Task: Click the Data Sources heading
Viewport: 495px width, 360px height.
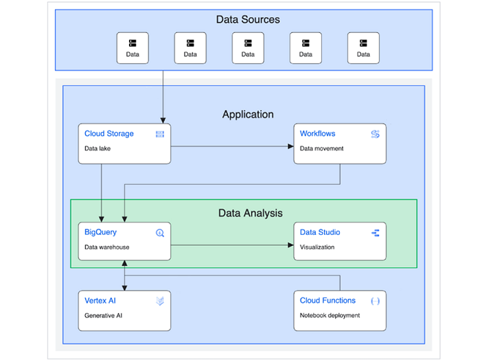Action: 248,20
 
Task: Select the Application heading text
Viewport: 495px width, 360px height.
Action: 248,115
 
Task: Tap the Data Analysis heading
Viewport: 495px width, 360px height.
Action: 250,213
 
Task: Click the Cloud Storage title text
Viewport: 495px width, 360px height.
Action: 108,133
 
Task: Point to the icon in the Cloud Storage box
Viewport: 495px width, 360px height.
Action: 160,134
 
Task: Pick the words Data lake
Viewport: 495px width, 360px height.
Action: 97,148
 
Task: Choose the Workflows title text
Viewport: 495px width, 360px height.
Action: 317,133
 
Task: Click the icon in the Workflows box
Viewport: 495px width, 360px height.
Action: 376,134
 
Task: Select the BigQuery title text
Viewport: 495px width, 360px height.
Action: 100,232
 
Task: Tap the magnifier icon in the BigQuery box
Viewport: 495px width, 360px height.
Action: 160,233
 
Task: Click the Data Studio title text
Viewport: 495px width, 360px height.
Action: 319,232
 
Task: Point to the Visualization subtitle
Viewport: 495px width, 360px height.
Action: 317,247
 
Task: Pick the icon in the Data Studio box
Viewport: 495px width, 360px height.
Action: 376,233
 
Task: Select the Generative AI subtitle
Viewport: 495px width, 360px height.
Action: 103,315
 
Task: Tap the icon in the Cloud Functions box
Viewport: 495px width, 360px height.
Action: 376,301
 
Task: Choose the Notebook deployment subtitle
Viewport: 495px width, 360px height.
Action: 330,315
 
